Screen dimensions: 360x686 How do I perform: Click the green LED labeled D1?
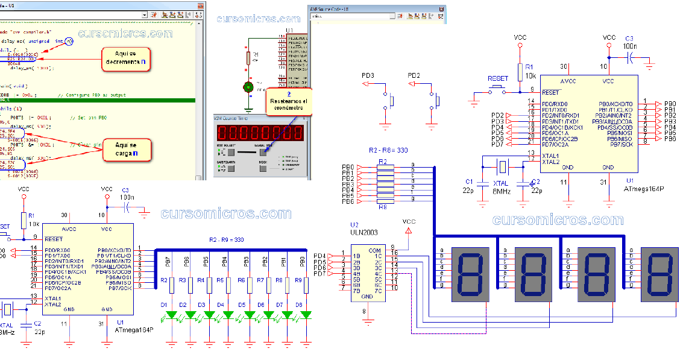[x=171, y=315]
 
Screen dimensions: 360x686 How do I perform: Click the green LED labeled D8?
[x=306, y=315]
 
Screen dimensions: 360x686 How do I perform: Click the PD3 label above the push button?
[x=368, y=75]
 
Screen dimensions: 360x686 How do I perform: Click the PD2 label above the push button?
[x=414, y=75]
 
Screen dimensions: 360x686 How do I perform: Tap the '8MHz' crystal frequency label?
[x=503, y=191]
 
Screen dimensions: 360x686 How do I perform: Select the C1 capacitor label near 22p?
[x=470, y=182]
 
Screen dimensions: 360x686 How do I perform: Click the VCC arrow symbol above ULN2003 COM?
[x=409, y=230]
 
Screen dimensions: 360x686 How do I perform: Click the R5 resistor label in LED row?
[x=220, y=280]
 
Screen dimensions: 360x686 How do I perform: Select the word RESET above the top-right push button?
[x=498, y=78]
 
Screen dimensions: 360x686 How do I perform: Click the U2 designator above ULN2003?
[x=354, y=224]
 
